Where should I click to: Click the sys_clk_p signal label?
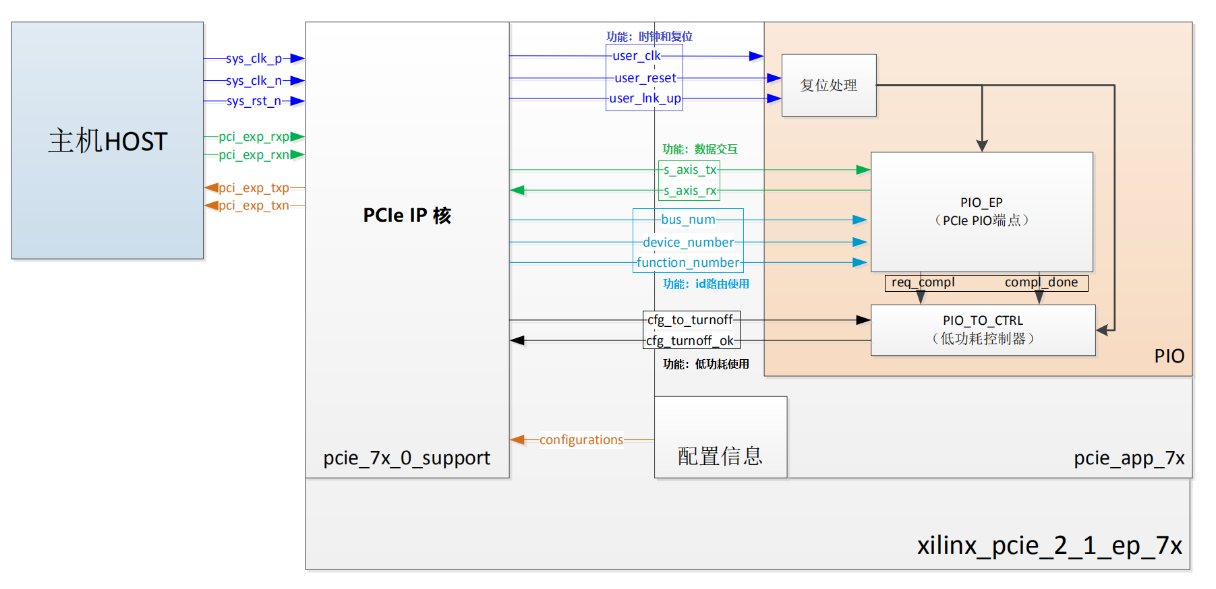(254, 59)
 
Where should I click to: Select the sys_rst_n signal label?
(254, 101)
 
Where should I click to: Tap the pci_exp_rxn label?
(254, 155)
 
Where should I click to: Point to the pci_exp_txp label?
(254, 188)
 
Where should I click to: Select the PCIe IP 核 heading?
(407, 216)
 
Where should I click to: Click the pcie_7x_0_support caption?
(407, 458)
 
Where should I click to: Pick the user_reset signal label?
(645, 78)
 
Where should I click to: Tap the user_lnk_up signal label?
(645, 98)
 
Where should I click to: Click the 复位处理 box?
(829, 86)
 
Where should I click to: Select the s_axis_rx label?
(689, 191)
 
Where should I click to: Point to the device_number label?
(688, 242)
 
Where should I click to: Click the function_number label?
(688, 263)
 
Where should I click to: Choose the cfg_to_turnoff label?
(690, 320)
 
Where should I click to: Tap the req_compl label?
(923, 282)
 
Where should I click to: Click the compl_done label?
(1041, 282)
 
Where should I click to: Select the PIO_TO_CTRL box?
(983, 330)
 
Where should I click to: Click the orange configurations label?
(581, 440)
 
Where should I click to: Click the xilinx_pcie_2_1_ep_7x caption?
(1049, 545)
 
